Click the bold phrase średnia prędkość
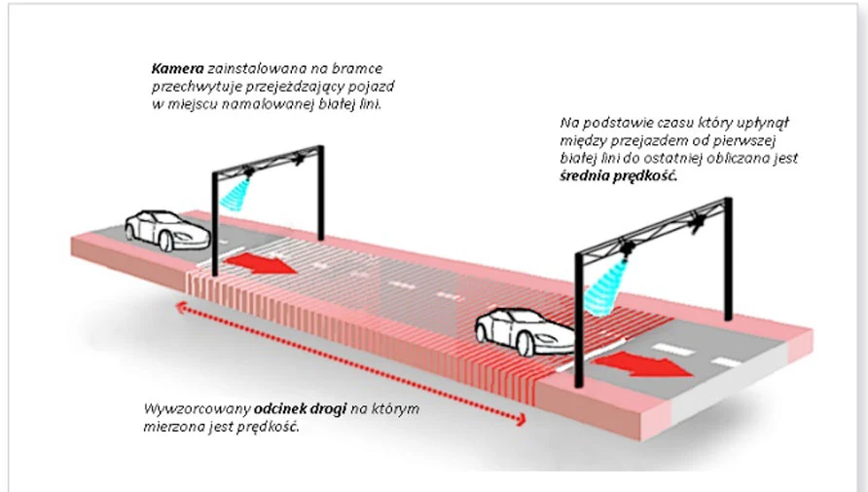click(x=618, y=178)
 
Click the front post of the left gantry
click(x=215, y=224)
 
